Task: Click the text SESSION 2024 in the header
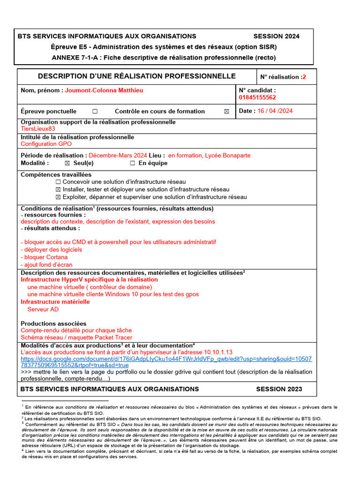click(x=276, y=36)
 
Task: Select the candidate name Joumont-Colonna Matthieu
click(x=104, y=90)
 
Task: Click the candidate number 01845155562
click(x=257, y=97)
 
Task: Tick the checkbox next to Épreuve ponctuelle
click(x=95, y=112)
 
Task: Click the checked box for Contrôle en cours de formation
click(x=227, y=112)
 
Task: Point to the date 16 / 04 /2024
click(x=275, y=111)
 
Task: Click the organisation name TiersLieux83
click(x=38, y=128)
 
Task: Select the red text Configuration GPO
click(x=46, y=144)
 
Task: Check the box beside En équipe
click(x=132, y=163)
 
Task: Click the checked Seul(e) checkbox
click(x=67, y=163)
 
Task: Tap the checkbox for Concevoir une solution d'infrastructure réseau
click(x=58, y=182)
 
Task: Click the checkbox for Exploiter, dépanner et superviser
click(x=58, y=197)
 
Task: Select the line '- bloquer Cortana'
click(x=44, y=257)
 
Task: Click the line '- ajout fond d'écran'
click(x=46, y=264)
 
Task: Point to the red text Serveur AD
click(x=43, y=309)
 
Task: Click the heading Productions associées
click(x=53, y=323)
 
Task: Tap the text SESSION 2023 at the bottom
click(x=279, y=389)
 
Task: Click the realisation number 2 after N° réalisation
click(x=304, y=77)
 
